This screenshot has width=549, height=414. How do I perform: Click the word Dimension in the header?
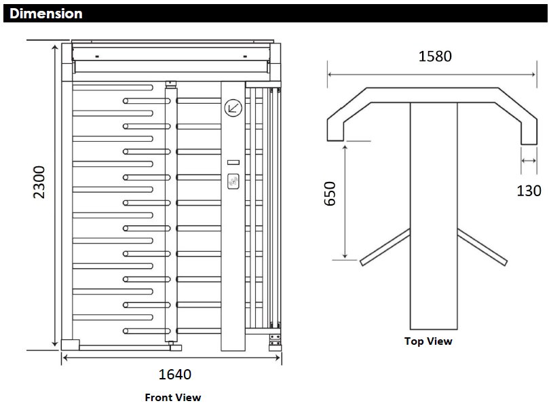click(x=46, y=13)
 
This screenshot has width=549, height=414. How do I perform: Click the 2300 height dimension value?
click(x=39, y=181)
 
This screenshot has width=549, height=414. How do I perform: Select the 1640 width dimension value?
click(x=174, y=374)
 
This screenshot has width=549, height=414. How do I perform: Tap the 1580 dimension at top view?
click(x=434, y=56)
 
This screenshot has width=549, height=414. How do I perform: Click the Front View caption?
click(x=172, y=397)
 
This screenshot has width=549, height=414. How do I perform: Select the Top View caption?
click(x=428, y=341)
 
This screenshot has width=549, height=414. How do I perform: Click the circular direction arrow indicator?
click(x=233, y=107)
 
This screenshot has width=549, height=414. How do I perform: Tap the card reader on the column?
click(x=233, y=181)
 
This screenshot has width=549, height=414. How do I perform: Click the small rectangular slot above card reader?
click(x=233, y=162)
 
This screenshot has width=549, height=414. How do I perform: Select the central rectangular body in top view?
click(x=433, y=217)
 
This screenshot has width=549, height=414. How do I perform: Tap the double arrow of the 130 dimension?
click(x=529, y=161)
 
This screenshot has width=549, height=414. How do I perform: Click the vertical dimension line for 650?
click(x=345, y=200)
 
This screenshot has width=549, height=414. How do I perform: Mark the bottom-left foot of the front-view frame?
click(x=68, y=345)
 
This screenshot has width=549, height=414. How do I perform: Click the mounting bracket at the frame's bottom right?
click(x=275, y=340)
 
